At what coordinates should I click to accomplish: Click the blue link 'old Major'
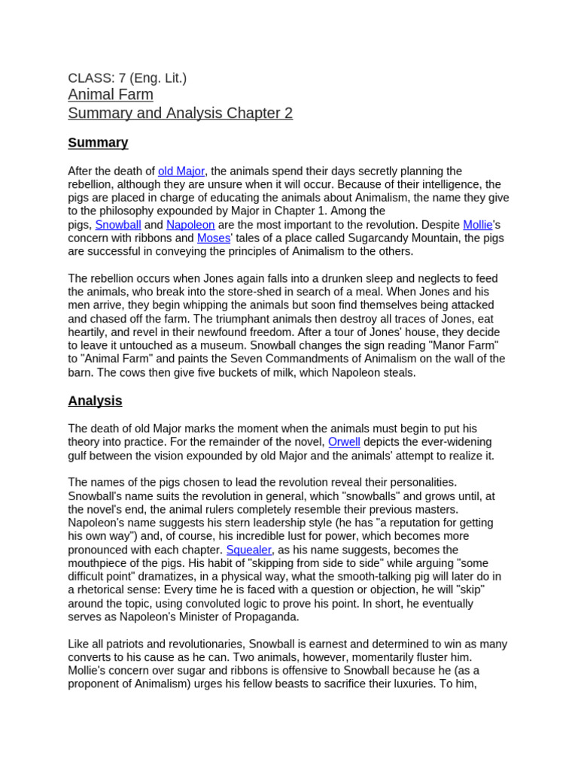[x=181, y=171]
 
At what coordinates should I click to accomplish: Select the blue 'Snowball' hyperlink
[x=117, y=225]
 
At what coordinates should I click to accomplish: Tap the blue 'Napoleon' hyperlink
[x=190, y=225]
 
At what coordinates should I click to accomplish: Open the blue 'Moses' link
[x=214, y=238]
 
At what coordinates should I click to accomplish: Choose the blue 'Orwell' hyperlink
[x=344, y=442]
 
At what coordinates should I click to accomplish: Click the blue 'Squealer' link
[x=249, y=550]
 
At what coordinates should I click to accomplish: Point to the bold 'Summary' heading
[x=98, y=143]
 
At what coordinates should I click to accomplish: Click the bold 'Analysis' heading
[x=95, y=401]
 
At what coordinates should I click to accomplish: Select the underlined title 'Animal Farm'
[x=111, y=95]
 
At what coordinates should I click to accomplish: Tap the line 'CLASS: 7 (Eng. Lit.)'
[x=127, y=77]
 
